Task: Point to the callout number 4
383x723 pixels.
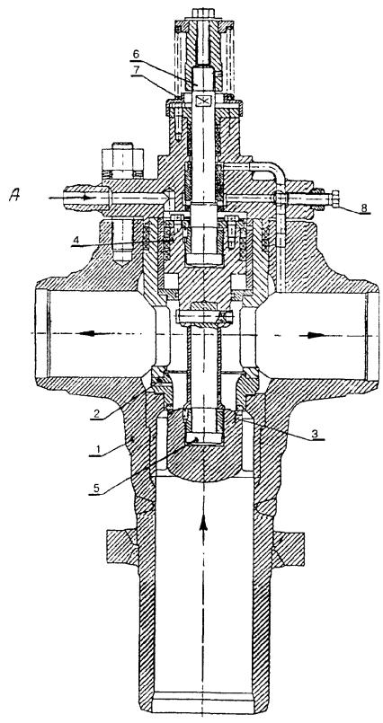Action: click(77, 240)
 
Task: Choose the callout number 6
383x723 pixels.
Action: click(135, 54)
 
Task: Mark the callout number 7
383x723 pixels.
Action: click(135, 70)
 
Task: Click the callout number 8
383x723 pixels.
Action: click(364, 207)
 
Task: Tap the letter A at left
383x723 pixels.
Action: click(14, 196)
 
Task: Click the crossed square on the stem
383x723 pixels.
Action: click(203, 101)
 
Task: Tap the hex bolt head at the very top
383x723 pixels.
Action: click(203, 13)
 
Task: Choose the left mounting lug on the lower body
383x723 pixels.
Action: click(121, 548)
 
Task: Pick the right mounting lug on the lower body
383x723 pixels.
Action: click(289, 549)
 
